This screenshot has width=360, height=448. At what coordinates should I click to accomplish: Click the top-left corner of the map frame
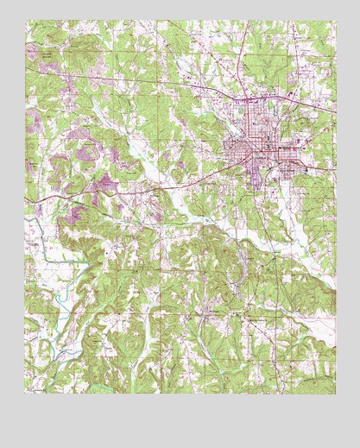(26, 21)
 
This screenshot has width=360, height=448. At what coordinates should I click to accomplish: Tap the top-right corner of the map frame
(335, 21)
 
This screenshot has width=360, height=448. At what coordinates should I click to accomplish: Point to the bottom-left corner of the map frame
(26, 394)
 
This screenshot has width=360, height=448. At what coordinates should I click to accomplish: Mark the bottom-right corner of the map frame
(335, 394)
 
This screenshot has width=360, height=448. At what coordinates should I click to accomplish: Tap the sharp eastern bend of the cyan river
(86, 259)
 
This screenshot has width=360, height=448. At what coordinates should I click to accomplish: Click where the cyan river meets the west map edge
(27, 220)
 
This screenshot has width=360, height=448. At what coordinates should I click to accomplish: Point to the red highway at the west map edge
(28, 200)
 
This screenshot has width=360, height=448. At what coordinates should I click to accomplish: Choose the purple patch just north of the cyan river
(73, 216)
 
